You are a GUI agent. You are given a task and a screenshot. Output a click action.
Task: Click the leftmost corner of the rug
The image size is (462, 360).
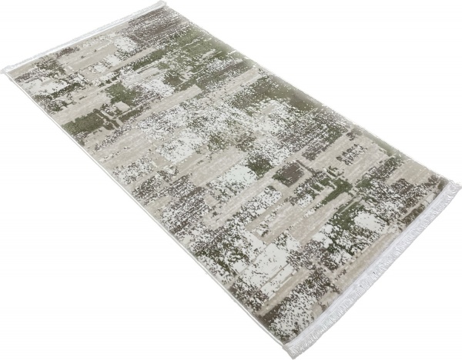click(x=5, y=70)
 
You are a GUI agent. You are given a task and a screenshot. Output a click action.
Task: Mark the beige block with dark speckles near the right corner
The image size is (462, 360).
click(x=400, y=208)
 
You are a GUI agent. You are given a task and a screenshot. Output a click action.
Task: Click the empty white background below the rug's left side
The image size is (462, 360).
click(x=77, y=292)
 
